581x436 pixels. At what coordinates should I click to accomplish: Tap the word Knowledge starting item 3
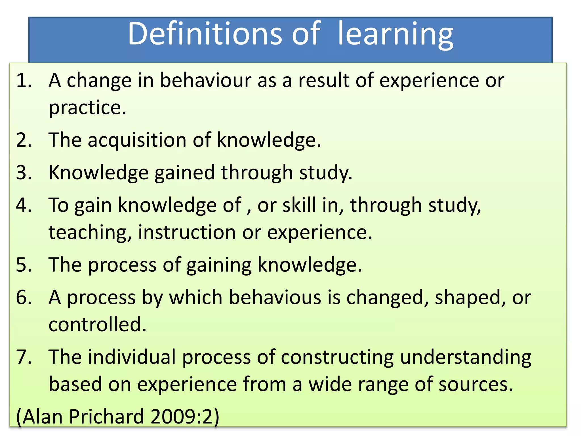(x=99, y=173)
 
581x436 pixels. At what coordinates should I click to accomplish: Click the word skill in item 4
(x=299, y=205)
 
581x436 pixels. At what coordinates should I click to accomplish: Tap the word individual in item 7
(x=132, y=357)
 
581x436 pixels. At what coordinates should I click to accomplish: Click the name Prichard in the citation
(x=106, y=417)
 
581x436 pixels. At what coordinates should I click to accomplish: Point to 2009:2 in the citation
(x=182, y=417)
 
